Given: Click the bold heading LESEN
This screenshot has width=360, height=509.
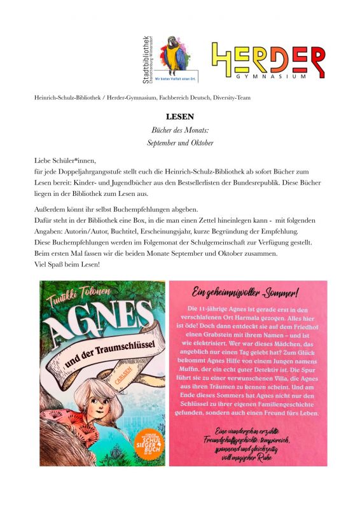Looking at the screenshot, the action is (x=179, y=117).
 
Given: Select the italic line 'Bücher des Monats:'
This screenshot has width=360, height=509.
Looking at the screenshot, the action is (x=179, y=130).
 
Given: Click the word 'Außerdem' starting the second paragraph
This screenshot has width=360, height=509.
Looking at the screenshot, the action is (x=51, y=209).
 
